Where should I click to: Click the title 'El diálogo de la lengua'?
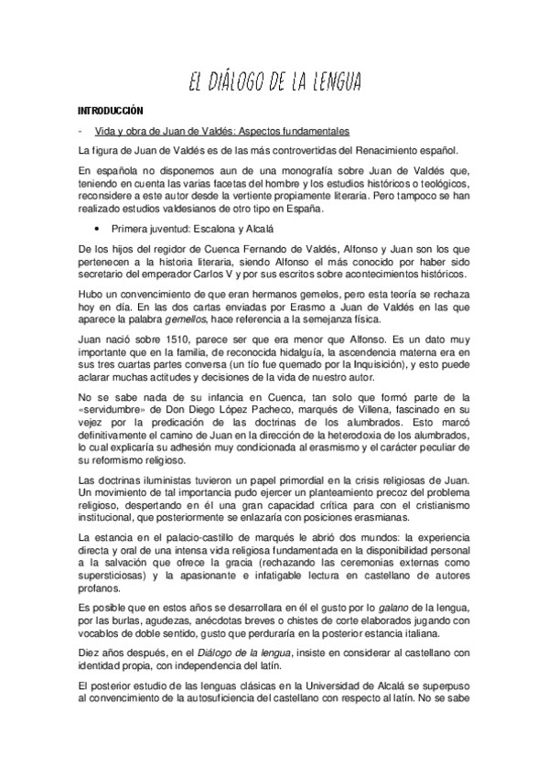coord(274,83)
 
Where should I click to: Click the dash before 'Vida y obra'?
coord(81,130)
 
